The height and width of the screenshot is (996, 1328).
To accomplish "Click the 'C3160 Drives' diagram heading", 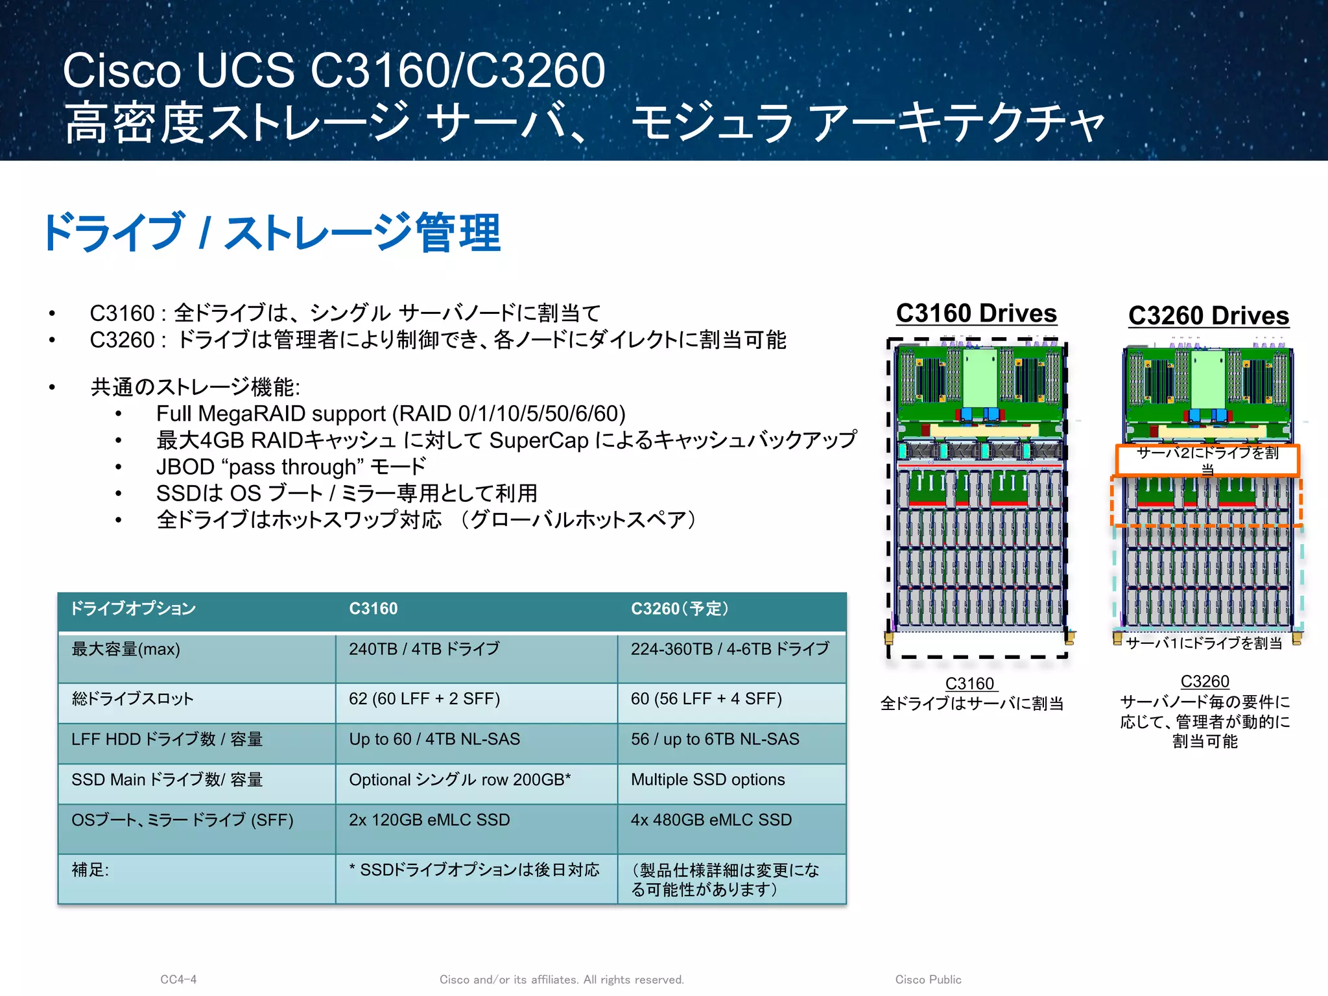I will pyautogui.click(x=976, y=313).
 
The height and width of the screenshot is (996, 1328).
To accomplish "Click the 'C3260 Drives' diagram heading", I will pyautogui.click(x=1208, y=316).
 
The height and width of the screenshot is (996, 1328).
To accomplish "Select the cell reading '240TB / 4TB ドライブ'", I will pyautogui.click(x=424, y=649).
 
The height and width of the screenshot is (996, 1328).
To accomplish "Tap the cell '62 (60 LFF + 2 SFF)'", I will pyautogui.click(x=424, y=699).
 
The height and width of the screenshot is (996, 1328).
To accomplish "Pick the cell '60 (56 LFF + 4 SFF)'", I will pyautogui.click(x=706, y=699).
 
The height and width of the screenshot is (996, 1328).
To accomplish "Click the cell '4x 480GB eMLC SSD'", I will pyautogui.click(x=711, y=820).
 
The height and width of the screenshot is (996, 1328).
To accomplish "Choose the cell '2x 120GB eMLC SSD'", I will pyautogui.click(x=429, y=820).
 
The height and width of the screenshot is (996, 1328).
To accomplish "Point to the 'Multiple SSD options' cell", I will pyautogui.click(x=707, y=779).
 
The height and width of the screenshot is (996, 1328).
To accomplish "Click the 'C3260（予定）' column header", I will pyautogui.click(x=680, y=609).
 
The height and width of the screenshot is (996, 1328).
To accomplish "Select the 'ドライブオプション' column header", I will pyautogui.click(x=133, y=609).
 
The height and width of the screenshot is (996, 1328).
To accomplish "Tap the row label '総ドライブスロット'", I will pyautogui.click(x=132, y=699).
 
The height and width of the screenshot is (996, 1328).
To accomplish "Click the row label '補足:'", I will pyautogui.click(x=90, y=870).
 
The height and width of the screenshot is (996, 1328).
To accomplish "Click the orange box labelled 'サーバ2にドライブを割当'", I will pyautogui.click(x=1207, y=460).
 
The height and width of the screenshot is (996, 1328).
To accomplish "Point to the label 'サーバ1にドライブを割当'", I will pyautogui.click(x=1203, y=643).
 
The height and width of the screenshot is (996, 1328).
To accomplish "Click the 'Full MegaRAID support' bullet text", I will pyautogui.click(x=390, y=414).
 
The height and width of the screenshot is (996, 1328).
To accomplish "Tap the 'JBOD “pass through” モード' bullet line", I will pyautogui.click(x=290, y=467).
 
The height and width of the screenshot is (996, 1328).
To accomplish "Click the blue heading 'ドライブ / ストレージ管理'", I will pyautogui.click(x=272, y=232).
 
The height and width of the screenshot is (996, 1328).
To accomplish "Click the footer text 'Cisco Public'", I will pyautogui.click(x=928, y=980).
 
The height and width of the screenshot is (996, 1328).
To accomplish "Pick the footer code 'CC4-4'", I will pyautogui.click(x=178, y=980).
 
